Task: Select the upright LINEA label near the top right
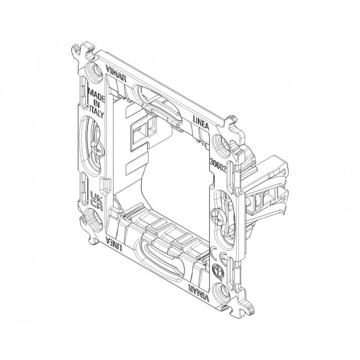point(200,123)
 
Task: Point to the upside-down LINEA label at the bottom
point(114,243)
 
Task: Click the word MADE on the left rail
point(96,95)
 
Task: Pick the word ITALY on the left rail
point(97,111)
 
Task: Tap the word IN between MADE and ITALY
point(96,104)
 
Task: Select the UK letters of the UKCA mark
point(95,196)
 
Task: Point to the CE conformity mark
point(218,253)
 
